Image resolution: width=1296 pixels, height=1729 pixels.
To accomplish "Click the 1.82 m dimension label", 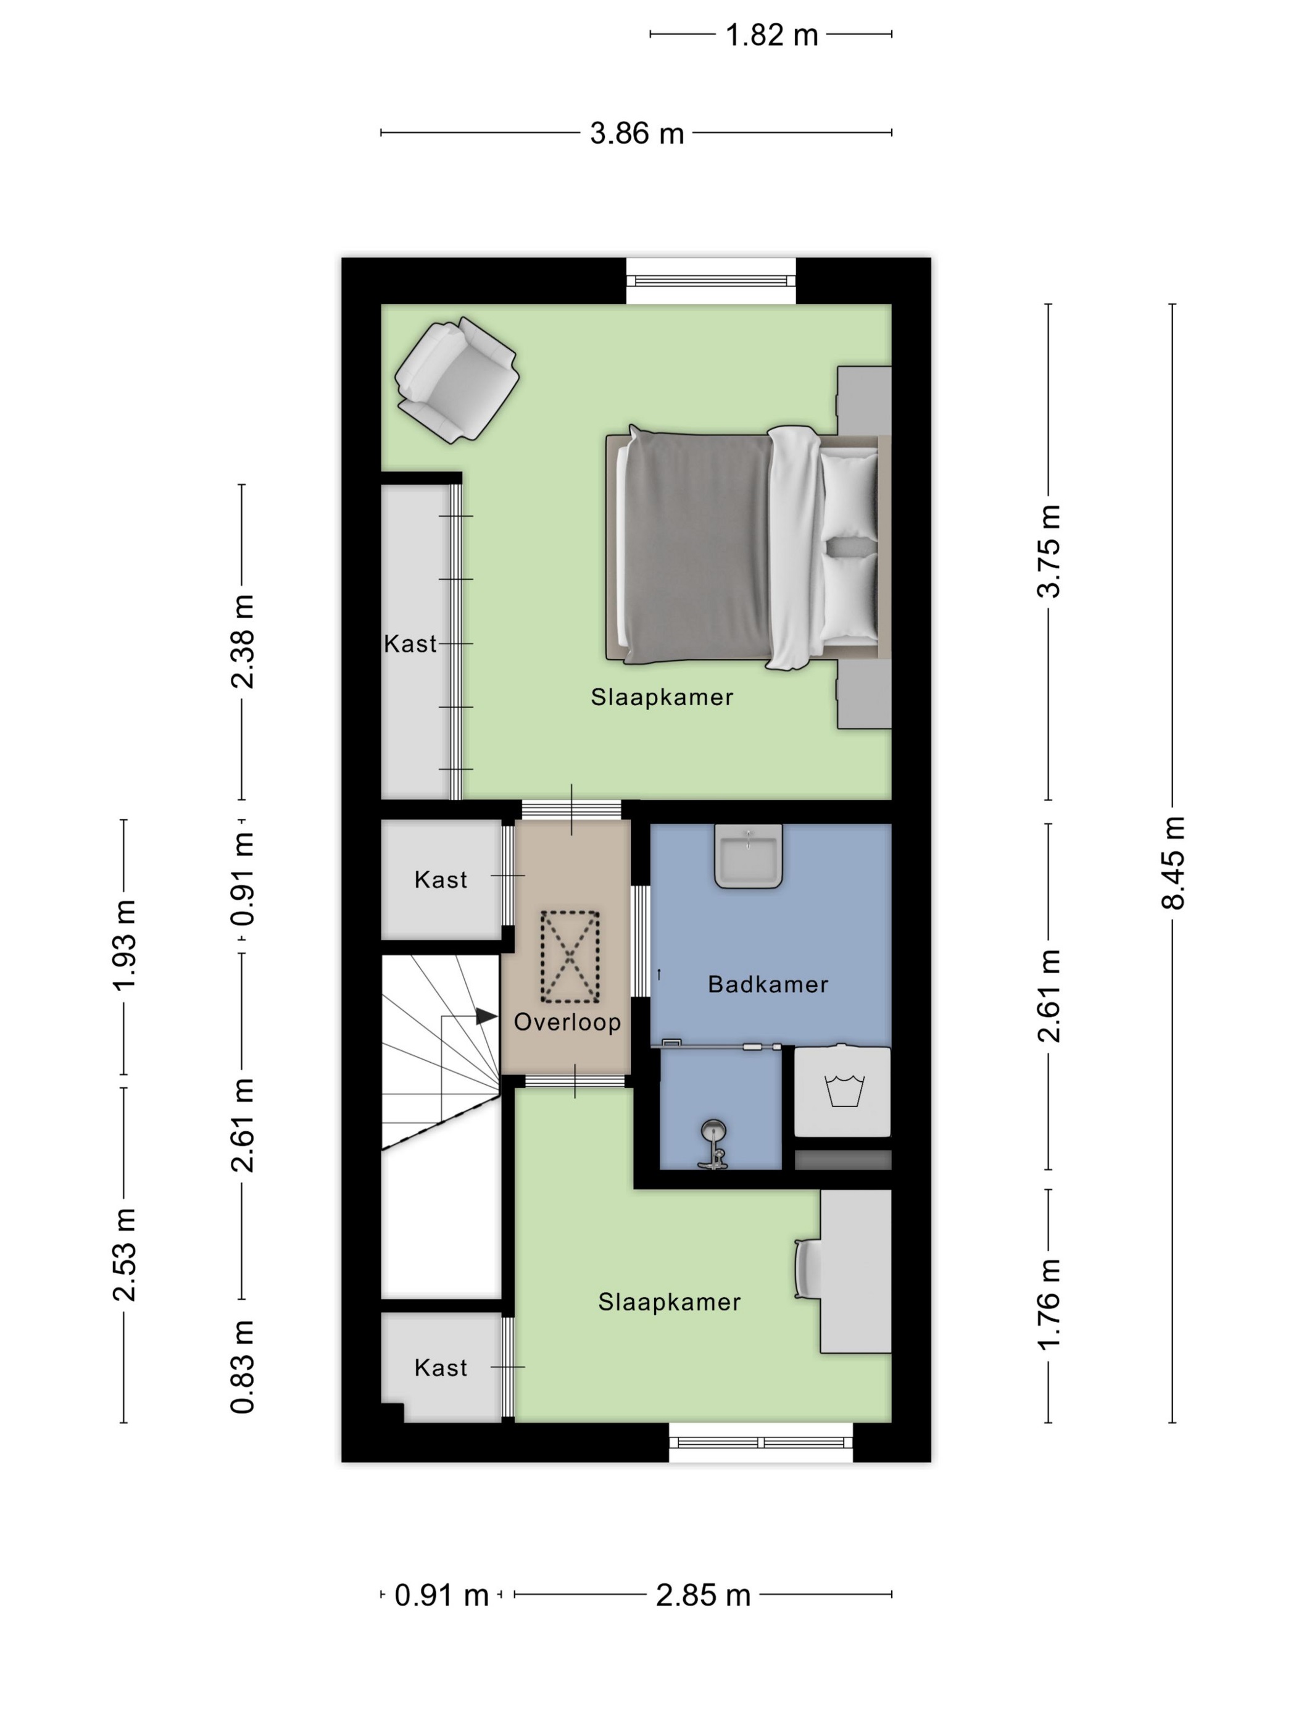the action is [x=771, y=35].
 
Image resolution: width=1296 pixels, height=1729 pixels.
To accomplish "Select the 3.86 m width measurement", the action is [x=637, y=133].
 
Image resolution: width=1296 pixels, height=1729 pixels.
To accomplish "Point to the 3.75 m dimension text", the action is [x=1049, y=551].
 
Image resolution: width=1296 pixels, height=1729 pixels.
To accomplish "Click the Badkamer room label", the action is [x=768, y=984].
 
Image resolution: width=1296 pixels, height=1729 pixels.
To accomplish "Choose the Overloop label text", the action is [x=567, y=1021].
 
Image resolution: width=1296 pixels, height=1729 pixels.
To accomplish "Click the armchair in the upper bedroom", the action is [x=457, y=380].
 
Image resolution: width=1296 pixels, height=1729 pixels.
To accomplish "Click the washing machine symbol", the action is [x=843, y=1091].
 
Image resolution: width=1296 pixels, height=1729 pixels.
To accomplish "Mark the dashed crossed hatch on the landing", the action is [x=570, y=957].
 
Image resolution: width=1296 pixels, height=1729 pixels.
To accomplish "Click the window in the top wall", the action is [x=711, y=282].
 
